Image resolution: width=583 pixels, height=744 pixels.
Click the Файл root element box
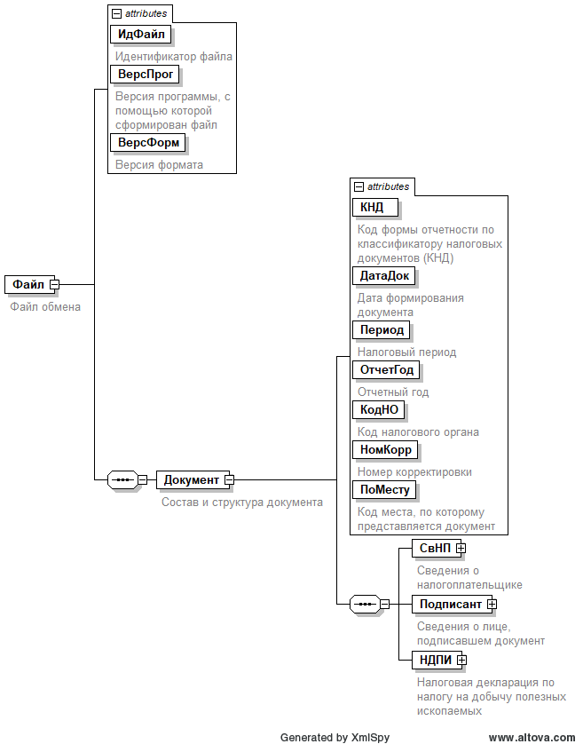point(28,284)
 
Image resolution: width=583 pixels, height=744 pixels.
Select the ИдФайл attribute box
point(141,34)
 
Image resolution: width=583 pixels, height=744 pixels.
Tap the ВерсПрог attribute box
point(146,74)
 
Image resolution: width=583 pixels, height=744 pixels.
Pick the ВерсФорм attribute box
point(148,142)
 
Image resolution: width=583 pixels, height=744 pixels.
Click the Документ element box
point(191,479)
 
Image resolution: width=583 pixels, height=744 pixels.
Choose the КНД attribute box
point(374,207)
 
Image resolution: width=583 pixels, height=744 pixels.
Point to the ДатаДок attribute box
point(384,275)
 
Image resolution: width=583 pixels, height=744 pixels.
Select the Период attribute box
point(382,329)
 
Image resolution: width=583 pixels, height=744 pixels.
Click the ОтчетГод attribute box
point(386,369)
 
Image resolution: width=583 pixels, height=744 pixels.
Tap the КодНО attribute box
point(379,409)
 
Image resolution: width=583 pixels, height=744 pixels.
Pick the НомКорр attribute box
point(385,449)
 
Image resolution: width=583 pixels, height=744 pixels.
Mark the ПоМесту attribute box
point(383,489)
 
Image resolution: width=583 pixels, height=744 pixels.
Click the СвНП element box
point(434,548)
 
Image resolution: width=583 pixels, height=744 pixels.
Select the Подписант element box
point(450,604)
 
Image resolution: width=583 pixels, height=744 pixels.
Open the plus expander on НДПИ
point(461,660)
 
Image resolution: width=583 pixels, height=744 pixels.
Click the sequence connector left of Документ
point(122,479)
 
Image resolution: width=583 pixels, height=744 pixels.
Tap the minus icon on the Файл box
point(54,284)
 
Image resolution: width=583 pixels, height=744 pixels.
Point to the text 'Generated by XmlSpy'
point(335,737)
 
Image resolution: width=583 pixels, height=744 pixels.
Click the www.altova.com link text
point(532,737)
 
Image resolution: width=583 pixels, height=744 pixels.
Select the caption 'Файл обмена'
point(45,307)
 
